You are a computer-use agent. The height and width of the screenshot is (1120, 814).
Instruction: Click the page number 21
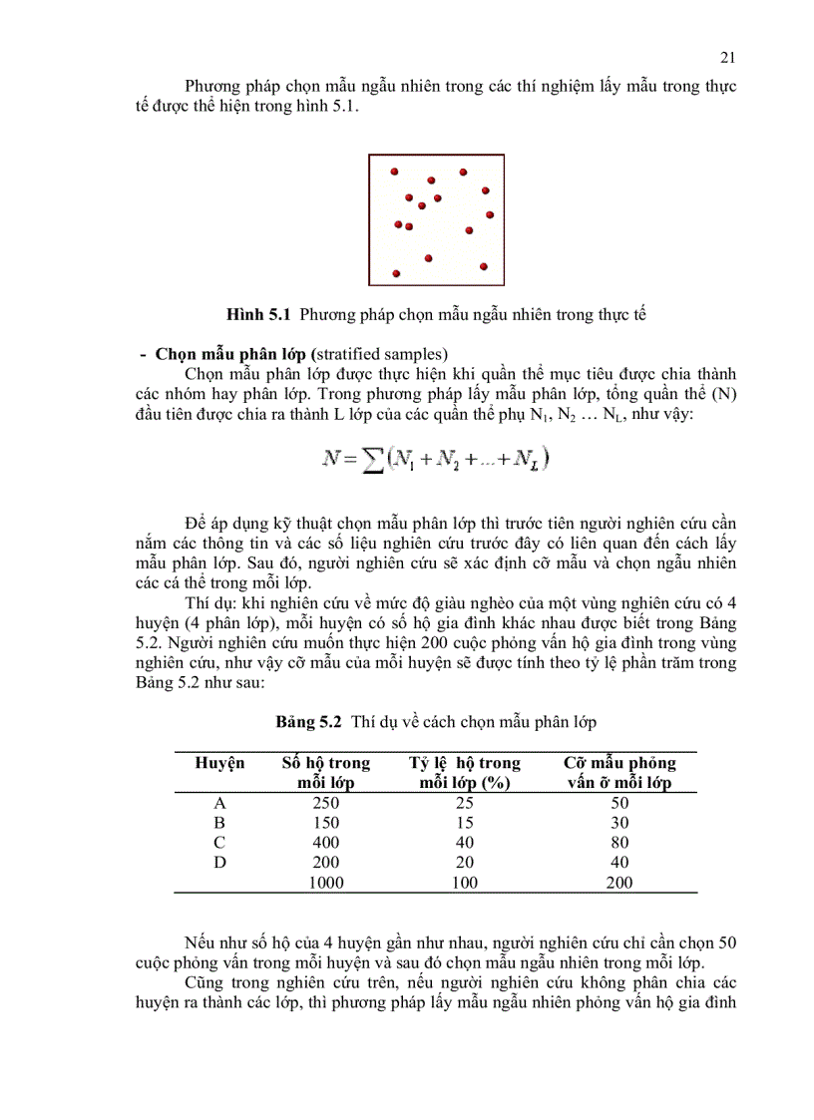click(x=727, y=57)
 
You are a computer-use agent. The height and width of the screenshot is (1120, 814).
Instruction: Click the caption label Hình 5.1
click(x=258, y=314)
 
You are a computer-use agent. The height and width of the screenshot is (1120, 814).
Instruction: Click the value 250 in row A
click(x=325, y=803)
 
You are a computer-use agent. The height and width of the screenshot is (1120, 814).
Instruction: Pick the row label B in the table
click(x=219, y=823)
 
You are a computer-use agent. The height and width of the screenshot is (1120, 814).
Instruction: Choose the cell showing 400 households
click(x=325, y=843)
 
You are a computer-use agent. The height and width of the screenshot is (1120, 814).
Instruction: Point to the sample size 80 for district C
click(x=619, y=843)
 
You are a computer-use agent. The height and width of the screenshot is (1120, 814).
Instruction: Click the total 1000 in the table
click(x=325, y=883)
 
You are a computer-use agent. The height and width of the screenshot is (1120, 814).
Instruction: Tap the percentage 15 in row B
click(x=465, y=823)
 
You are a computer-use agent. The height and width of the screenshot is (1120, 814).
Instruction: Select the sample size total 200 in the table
click(x=619, y=883)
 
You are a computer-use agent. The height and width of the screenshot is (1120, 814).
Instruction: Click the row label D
click(x=219, y=863)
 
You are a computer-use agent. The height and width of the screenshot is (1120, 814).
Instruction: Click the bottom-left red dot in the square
click(x=396, y=272)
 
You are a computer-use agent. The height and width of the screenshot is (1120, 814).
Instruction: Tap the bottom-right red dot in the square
click(x=484, y=266)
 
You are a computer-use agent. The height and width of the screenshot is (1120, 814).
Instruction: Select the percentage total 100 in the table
click(x=465, y=883)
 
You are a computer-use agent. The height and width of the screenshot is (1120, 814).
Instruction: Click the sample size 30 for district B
click(x=619, y=823)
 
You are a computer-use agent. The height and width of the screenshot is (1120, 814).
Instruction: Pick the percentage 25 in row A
click(x=465, y=803)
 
